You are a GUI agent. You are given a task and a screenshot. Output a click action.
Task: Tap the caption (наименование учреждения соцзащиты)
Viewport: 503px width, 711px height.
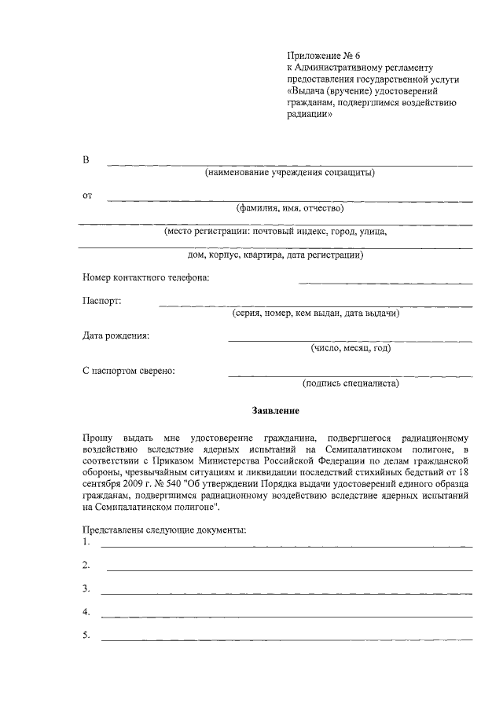click(x=289, y=172)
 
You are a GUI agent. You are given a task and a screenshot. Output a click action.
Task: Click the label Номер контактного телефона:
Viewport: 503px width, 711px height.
click(x=145, y=277)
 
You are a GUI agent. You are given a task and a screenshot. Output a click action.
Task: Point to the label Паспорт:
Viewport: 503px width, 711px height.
click(x=101, y=301)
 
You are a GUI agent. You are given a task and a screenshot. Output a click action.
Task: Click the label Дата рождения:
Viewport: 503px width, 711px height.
click(x=116, y=336)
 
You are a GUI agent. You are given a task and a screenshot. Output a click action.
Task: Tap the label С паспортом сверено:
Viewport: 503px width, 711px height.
click(x=128, y=371)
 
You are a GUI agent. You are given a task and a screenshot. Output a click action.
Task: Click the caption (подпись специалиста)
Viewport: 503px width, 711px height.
click(x=351, y=383)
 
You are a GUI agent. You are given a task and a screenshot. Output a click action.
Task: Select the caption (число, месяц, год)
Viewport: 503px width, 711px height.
click(x=351, y=348)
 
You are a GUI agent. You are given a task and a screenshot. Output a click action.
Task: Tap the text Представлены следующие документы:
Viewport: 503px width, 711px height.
click(x=164, y=530)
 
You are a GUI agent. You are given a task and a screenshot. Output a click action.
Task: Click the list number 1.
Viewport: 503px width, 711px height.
click(x=86, y=542)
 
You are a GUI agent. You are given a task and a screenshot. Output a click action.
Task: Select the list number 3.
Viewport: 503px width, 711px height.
click(x=86, y=588)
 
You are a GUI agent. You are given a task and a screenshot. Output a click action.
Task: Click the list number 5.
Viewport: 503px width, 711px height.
click(x=86, y=635)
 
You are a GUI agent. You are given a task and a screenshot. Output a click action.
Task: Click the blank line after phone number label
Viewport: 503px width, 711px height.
click(x=385, y=281)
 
